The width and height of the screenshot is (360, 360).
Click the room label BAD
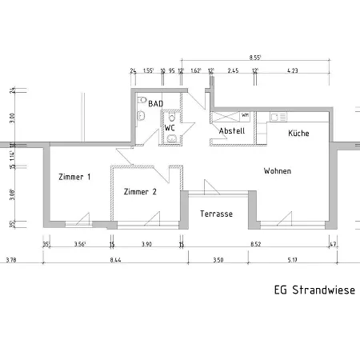pyautogui.click(x=156, y=103)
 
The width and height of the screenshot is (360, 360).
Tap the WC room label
pyautogui.click(x=170, y=127)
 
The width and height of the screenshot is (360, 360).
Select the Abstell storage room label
pyautogui.click(x=231, y=131)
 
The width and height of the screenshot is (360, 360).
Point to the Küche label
pyautogui.click(x=298, y=133)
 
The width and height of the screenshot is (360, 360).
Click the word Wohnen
pyautogui.click(x=278, y=171)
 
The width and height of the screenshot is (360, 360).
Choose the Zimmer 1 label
pyautogui.click(x=74, y=177)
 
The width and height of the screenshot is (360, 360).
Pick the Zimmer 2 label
pyautogui.click(x=140, y=192)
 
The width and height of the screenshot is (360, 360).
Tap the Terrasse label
pyautogui.click(x=216, y=214)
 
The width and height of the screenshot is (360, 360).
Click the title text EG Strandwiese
pyautogui.click(x=314, y=290)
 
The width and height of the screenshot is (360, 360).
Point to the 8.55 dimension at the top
pyautogui.click(x=255, y=58)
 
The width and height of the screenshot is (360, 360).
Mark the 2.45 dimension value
pyautogui.click(x=233, y=71)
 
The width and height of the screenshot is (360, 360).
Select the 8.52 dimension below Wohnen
pyautogui.click(x=255, y=244)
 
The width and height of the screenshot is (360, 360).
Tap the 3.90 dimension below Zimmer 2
pyautogui.click(x=146, y=244)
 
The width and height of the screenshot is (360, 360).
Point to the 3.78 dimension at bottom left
pyautogui.click(x=11, y=260)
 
